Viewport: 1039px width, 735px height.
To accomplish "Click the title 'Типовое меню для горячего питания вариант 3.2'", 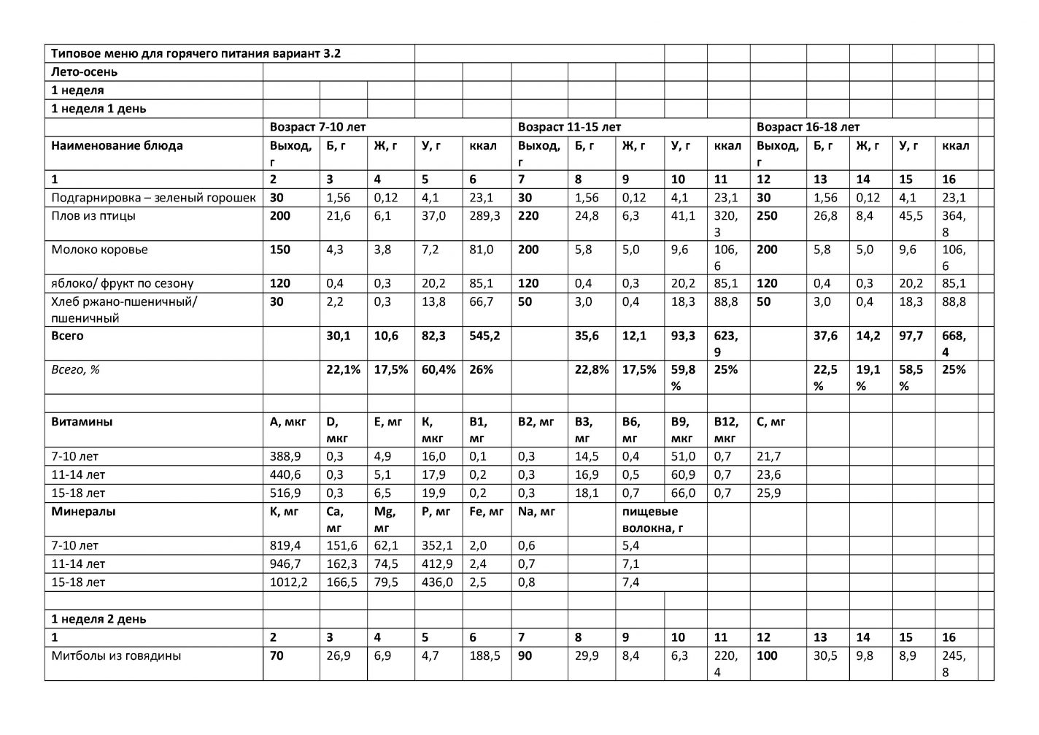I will [x=196, y=54].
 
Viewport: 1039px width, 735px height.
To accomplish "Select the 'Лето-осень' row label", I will [x=84, y=72].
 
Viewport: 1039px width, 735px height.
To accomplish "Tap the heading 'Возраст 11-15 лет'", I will [x=569, y=127].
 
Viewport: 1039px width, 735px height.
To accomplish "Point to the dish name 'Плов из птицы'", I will [x=93, y=216].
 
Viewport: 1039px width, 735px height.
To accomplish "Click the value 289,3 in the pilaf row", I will [x=485, y=216].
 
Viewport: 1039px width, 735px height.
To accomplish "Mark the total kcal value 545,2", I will [x=485, y=336].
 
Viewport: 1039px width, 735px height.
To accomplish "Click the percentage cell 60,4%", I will [x=438, y=370].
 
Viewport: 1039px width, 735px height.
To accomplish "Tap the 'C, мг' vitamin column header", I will [x=771, y=422].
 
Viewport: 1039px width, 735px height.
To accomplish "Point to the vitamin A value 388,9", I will [x=285, y=457].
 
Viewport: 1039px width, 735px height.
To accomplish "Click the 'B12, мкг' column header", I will [x=726, y=430].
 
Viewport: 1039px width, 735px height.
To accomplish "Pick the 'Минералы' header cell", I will [x=83, y=512].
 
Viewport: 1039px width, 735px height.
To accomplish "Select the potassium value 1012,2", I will [x=288, y=582].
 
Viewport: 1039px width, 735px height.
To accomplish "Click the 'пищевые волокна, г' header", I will [x=649, y=520].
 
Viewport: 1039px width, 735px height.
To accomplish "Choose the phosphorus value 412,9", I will [x=437, y=564].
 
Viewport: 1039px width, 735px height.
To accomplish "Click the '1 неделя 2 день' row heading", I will [x=99, y=619].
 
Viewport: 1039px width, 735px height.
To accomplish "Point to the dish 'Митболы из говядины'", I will [x=116, y=656].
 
